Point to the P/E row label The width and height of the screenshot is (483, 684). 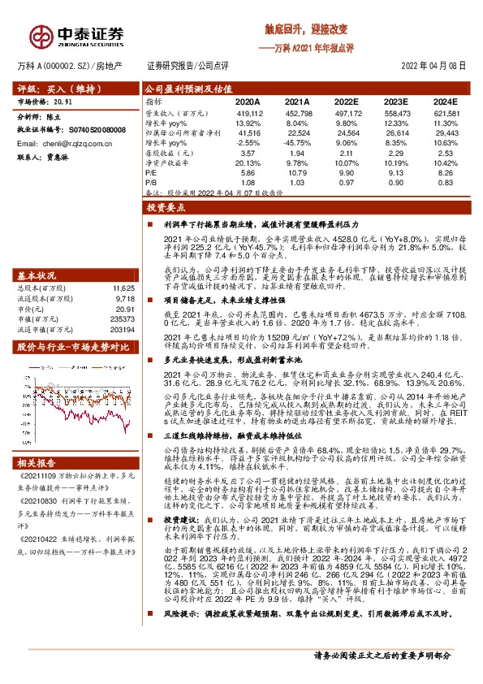pos(152,173)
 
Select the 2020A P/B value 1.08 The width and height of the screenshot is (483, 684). pos(249,184)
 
